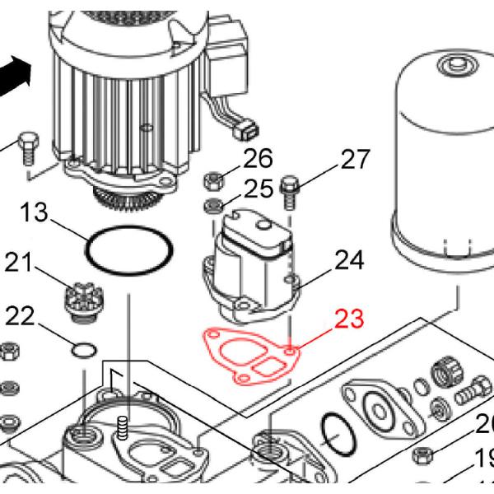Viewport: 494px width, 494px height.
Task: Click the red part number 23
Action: [348, 319]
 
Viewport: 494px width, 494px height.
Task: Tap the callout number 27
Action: [355, 160]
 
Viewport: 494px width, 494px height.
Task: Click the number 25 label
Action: [258, 189]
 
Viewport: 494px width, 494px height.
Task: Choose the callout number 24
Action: [348, 261]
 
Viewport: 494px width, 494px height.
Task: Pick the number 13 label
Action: [35, 214]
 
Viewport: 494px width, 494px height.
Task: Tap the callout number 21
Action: [22, 263]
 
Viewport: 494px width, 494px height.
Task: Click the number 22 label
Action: [21, 315]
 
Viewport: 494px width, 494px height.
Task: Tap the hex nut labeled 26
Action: [212, 179]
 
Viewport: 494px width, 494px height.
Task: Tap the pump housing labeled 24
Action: [251, 263]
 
